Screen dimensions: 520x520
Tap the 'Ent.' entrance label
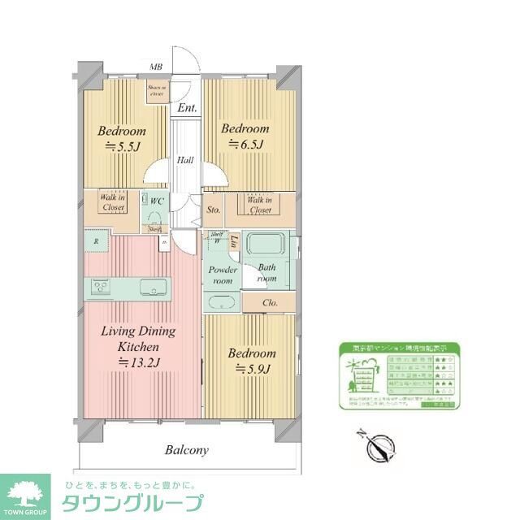pos(188,107)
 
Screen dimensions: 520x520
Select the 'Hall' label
pos(185,160)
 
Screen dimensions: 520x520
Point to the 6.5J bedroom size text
pos(245,145)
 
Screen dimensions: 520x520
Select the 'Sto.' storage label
pos(214,209)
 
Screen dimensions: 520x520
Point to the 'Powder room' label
pos(223,275)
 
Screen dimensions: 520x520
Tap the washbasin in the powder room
pos(222,303)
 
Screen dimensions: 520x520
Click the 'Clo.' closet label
pos(271,304)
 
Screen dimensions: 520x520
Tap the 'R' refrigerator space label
pos(96,241)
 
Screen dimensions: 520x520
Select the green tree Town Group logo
pos(26,495)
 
